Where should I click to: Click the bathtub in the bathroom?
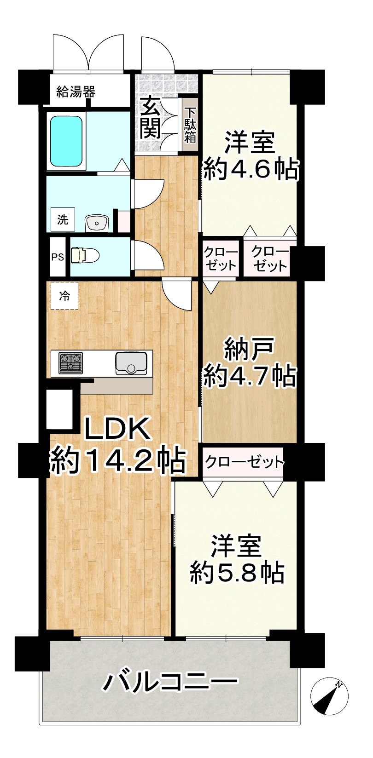tap(66, 141)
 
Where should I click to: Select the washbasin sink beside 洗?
tap(97, 224)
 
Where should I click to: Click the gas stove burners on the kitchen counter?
tap(70, 362)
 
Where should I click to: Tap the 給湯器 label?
tap(76, 92)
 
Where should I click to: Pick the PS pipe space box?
tap(58, 257)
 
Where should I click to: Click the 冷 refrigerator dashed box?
tap(64, 296)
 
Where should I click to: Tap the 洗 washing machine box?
tap(63, 219)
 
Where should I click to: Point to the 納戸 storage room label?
tap(249, 350)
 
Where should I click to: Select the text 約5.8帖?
tap(237, 572)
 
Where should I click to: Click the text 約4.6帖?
tap(251, 169)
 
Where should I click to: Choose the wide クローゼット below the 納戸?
tap(244, 461)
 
